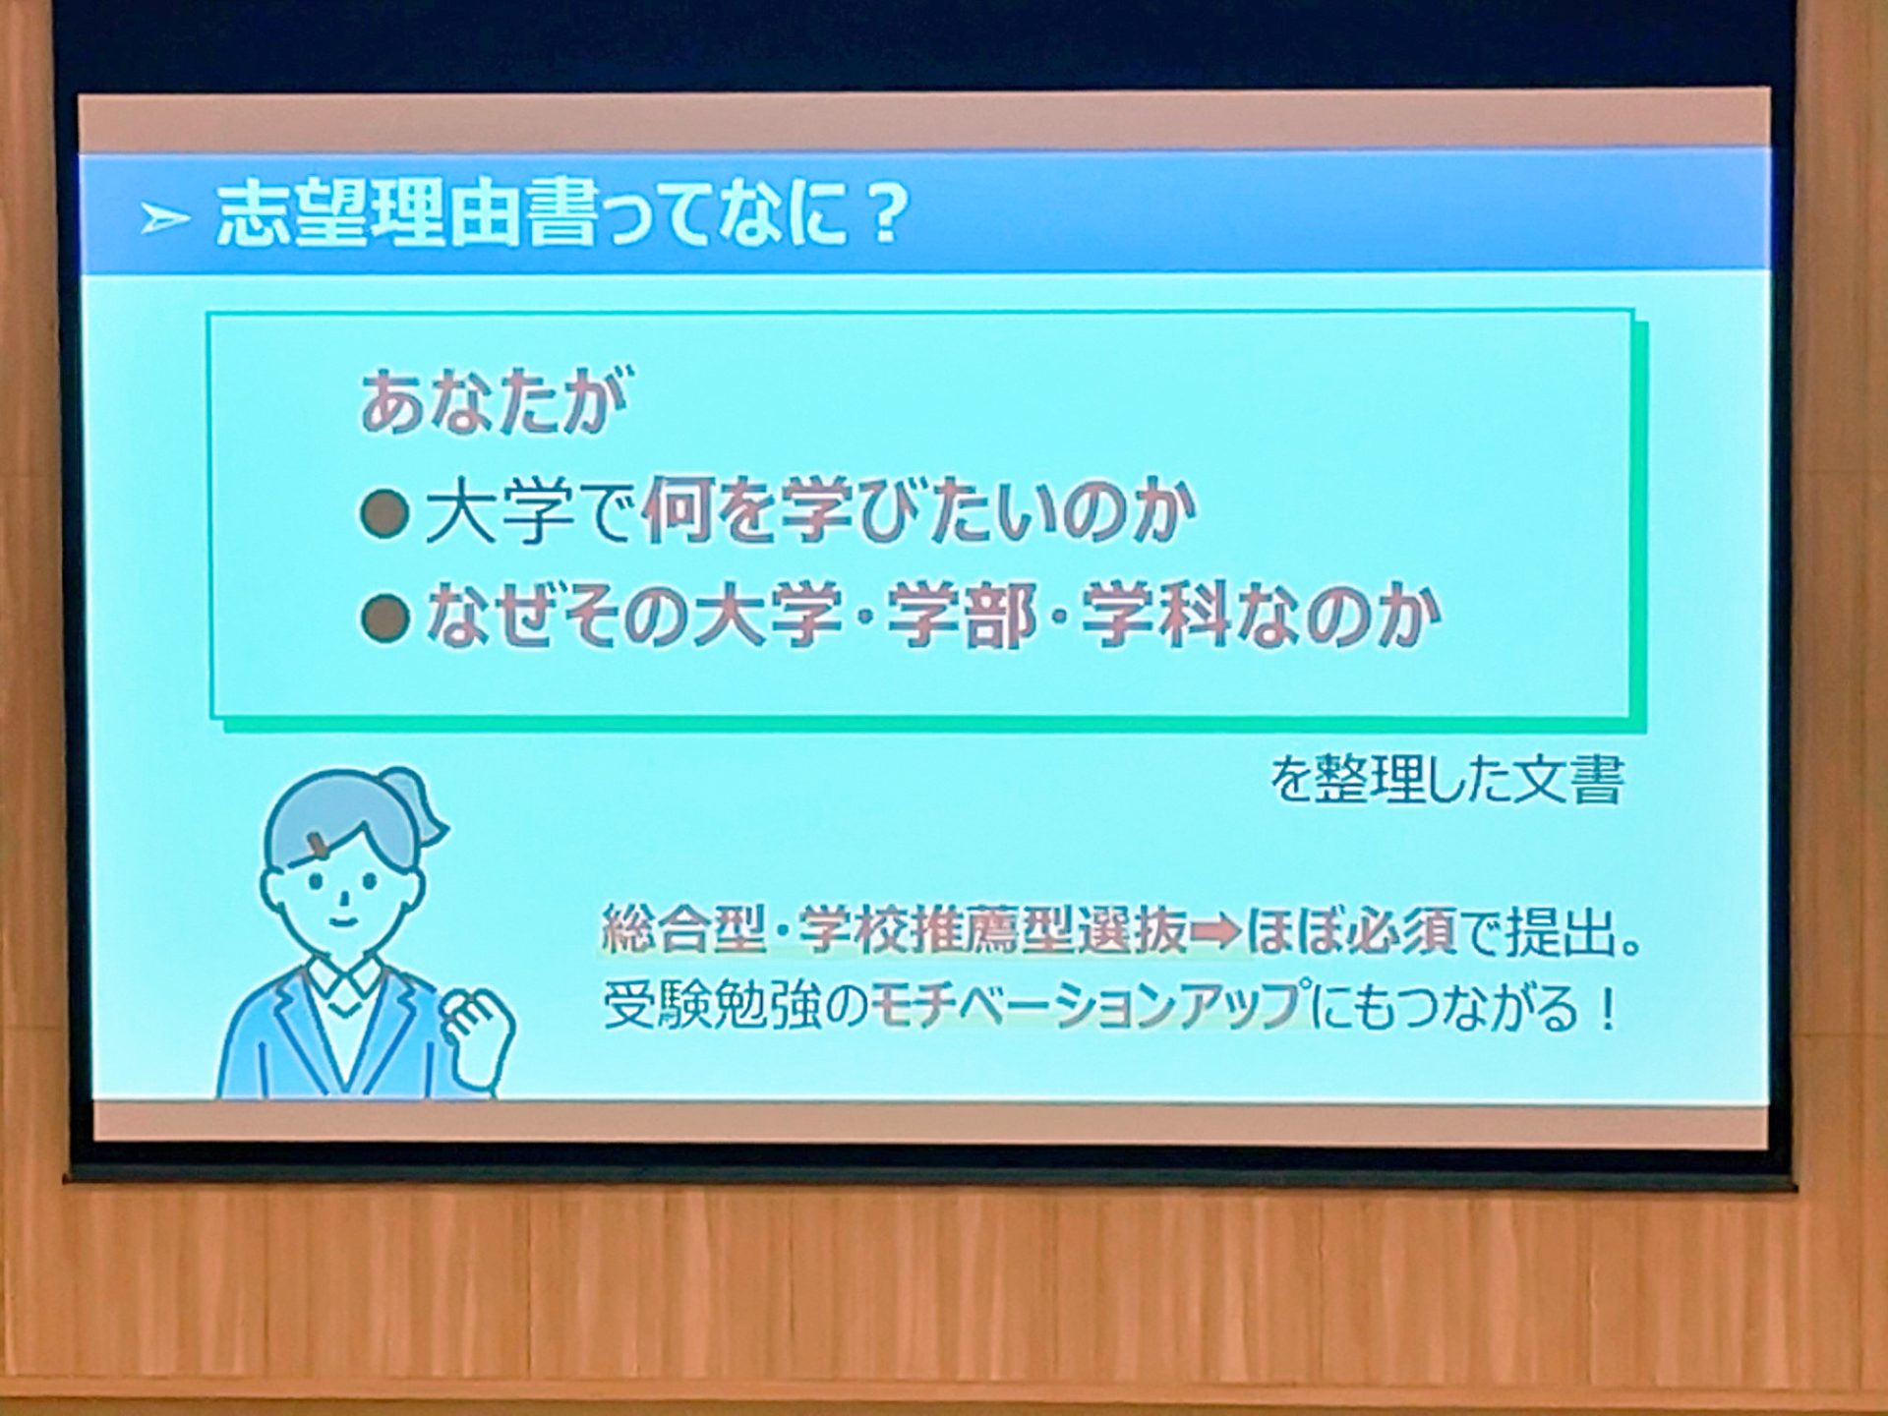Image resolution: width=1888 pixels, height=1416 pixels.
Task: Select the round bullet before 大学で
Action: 384,514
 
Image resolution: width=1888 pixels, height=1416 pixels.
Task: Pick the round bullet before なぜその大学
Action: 384,619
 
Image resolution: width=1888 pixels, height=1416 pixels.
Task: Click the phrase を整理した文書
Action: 1446,781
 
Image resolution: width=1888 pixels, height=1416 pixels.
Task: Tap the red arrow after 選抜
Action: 1216,930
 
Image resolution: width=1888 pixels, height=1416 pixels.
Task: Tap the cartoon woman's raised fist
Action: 478,1033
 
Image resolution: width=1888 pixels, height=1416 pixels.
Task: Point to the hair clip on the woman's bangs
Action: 321,843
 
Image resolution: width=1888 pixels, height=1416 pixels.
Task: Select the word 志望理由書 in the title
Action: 407,213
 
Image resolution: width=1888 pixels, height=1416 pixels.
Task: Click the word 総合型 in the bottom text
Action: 683,928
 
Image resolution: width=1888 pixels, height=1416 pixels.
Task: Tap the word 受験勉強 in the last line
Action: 711,1005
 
